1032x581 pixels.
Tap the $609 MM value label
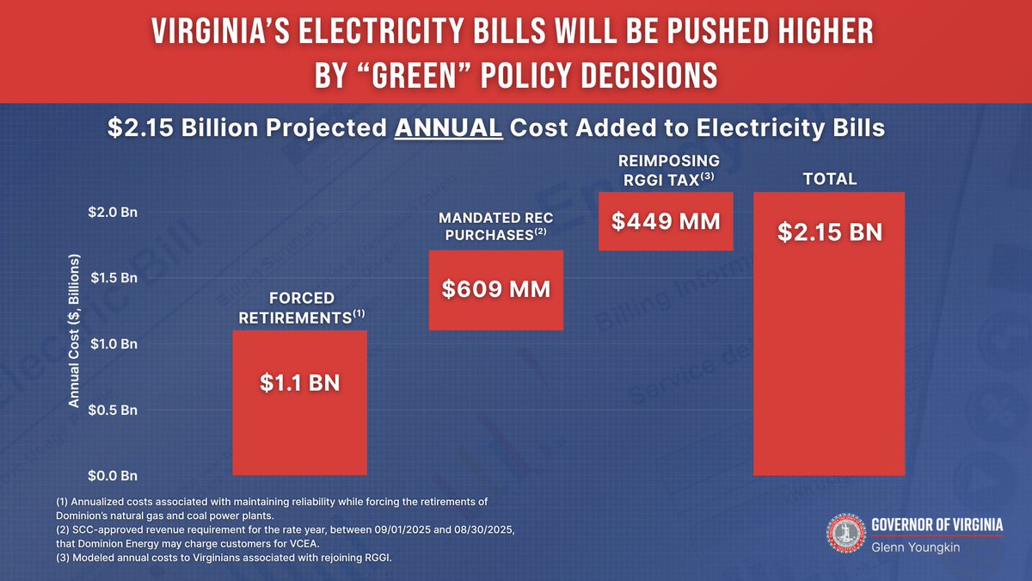click(495, 289)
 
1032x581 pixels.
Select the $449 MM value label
click(666, 221)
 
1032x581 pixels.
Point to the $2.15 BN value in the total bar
click(829, 232)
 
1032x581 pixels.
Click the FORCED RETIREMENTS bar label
click(300, 307)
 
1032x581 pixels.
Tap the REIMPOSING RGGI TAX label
click(667, 170)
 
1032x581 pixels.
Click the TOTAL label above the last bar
click(829, 179)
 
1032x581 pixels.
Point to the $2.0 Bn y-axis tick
click(113, 213)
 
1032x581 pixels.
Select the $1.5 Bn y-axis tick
click(113, 278)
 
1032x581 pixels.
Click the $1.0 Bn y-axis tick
click(113, 344)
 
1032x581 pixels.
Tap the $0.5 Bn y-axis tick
click(113, 410)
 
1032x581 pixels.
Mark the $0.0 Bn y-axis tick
click(113, 475)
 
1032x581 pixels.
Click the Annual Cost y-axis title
click(74, 331)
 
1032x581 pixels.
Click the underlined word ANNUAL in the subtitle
click(448, 128)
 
